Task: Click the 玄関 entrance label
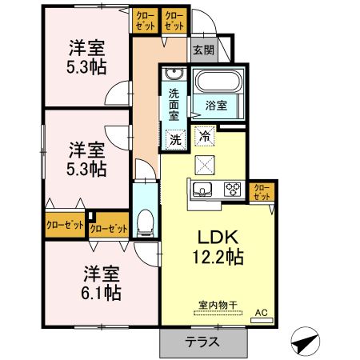pyautogui.click(x=203, y=50)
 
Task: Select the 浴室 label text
pyautogui.click(x=217, y=105)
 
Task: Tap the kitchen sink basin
pyautogui.click(x=201, y=190)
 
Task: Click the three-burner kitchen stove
pyautogui.click(x=233, y=190)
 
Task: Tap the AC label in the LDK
pyautogui.click(x=261, y=313)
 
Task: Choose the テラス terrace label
pyautogui.click(x=203, y=342)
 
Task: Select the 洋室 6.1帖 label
pyautogui.click(x=102, y=282)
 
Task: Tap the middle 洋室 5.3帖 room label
pyautogui.click(x=87, y=158)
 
